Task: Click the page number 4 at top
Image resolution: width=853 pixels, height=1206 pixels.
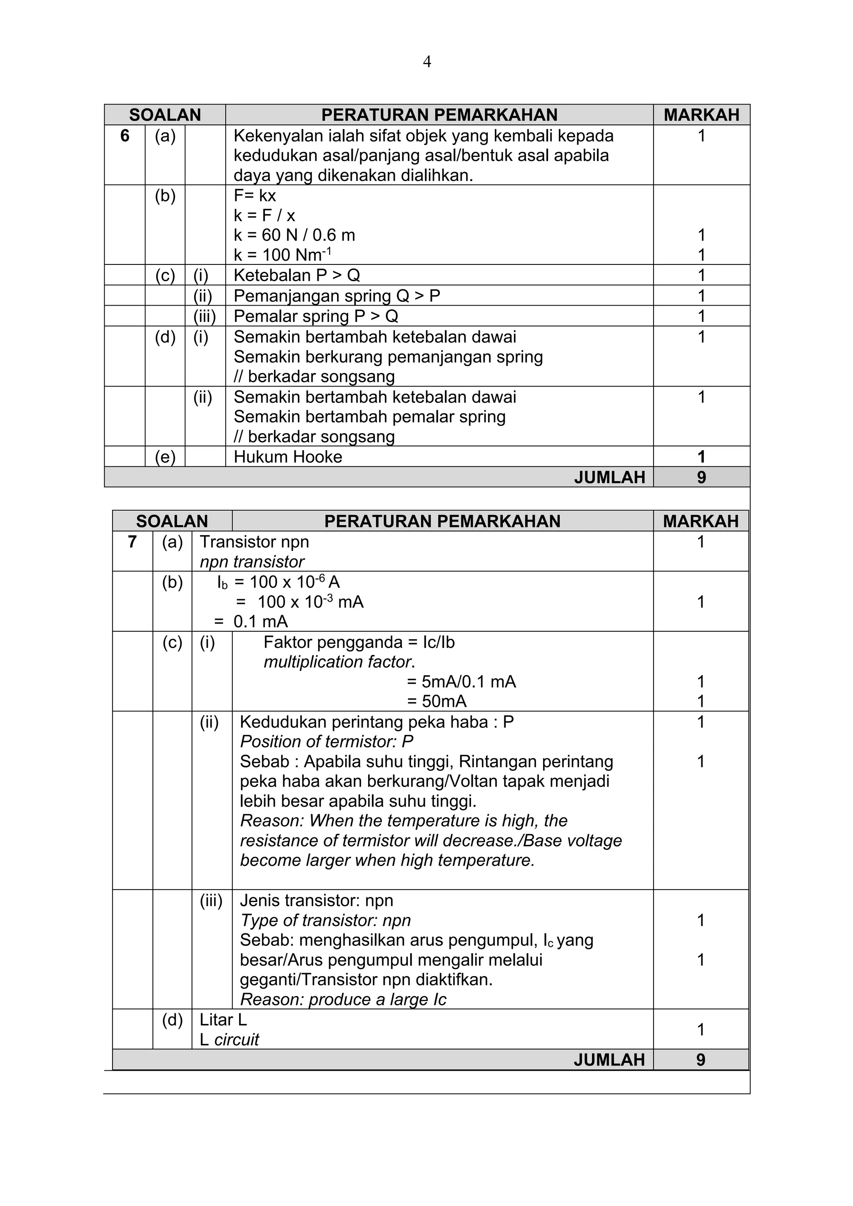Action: [426, 62]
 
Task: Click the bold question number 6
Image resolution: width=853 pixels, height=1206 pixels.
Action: [125, 136]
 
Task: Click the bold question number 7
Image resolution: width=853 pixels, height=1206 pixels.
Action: [132, 541]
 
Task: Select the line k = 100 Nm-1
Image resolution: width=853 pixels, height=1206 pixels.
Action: [282, 255]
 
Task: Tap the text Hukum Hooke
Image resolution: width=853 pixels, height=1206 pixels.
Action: [287, 457]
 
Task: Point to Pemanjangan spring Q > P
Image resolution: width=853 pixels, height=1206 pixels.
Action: [337, 296]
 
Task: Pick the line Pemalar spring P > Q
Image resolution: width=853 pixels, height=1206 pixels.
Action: [316, 316]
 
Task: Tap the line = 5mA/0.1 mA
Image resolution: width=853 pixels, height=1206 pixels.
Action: [461, 682]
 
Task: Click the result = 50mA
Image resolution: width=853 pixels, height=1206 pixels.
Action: [436, 702]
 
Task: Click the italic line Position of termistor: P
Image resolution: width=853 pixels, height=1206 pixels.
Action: [326, 742]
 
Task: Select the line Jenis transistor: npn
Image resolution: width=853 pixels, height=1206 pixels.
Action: [316, 901]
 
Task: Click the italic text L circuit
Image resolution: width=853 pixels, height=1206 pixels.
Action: [229, 1040]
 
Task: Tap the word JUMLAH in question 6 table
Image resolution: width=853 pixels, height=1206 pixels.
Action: [609, 478]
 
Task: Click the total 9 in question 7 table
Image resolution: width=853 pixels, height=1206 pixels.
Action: [701, 1060]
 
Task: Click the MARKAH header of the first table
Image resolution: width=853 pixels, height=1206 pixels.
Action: [701, 115]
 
